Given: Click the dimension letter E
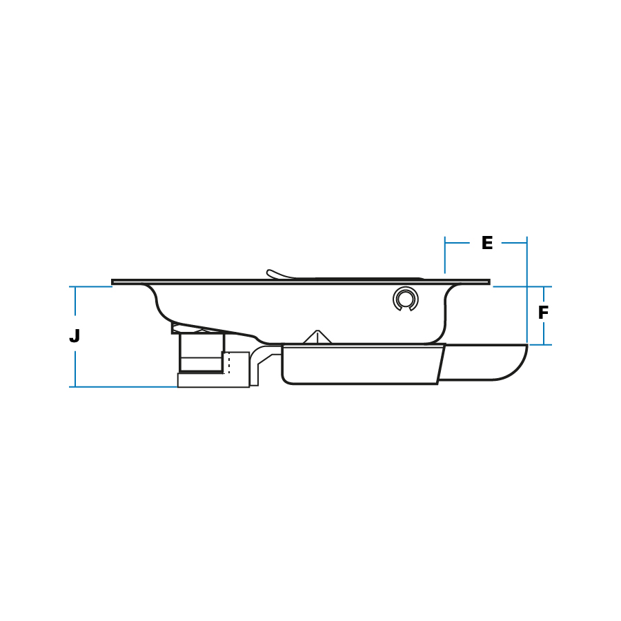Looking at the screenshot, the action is tap(487, 242).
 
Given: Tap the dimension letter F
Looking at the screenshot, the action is tap(544, 313).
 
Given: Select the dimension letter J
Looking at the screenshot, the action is tap(75, 336).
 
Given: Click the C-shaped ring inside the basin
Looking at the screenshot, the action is tap(405, 299).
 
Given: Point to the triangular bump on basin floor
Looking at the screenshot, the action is tap(317, 337).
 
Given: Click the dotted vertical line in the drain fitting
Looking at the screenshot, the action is tap(229, 362).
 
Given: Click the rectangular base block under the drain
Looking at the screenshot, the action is tap(213, 380).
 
